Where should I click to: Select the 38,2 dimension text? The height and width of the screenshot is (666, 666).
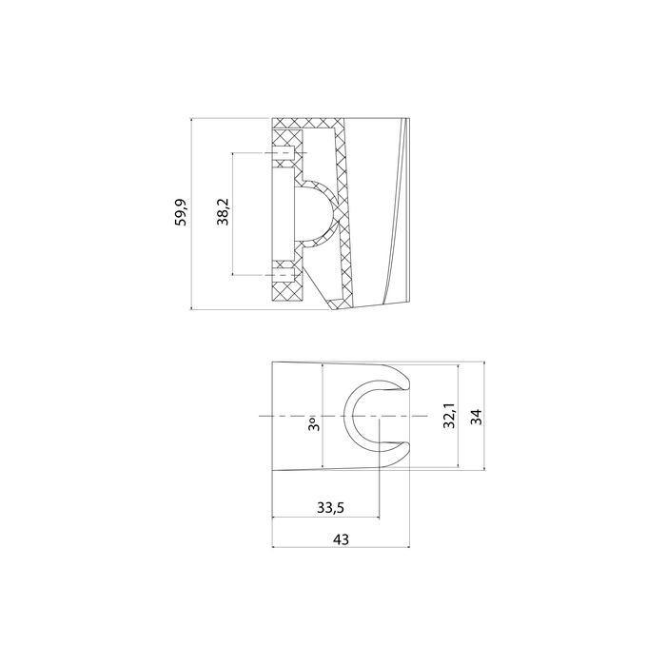[222, 212]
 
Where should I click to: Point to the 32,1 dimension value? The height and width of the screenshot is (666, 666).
[449, 416]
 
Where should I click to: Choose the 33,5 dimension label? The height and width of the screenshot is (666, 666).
[329, 508]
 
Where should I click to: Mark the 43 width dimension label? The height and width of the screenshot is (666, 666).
[341, 539]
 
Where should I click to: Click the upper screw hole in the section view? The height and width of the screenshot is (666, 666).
[284, 152]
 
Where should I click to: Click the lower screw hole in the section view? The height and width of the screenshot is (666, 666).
[284, 274]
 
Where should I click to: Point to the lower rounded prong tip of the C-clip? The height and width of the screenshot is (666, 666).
[402, 454]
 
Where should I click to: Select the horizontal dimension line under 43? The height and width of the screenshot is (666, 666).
[341, 548]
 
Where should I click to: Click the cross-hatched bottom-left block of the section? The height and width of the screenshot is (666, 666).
[286, 291]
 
